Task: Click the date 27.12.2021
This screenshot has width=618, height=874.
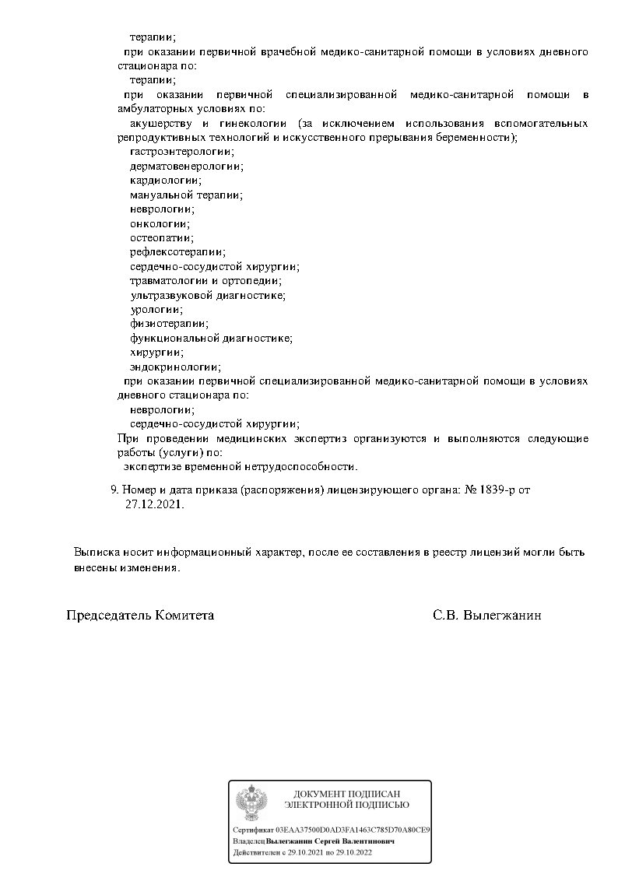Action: [x=153, y=504]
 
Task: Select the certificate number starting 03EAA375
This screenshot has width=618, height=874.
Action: [x=353, y=830]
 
